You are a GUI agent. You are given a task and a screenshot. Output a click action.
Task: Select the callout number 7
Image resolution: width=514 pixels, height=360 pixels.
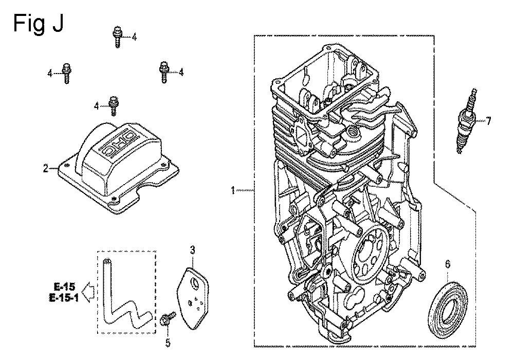488,121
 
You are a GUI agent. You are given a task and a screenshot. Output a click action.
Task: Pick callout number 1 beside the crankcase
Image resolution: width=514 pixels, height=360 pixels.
233,190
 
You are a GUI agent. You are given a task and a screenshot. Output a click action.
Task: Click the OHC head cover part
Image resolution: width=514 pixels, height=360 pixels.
118,168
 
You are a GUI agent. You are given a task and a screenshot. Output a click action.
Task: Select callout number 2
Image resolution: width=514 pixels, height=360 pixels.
46,169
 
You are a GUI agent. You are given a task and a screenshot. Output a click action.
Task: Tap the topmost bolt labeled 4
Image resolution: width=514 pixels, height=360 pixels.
117,37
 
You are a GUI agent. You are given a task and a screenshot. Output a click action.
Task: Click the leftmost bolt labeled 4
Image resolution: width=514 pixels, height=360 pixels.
66,73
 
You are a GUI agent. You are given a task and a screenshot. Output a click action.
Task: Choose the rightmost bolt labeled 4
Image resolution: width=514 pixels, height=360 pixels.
164,72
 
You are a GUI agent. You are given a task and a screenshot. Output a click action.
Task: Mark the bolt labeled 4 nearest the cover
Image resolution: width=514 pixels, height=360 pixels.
114,105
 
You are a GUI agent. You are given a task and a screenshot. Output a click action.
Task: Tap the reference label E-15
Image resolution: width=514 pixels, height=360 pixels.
65,287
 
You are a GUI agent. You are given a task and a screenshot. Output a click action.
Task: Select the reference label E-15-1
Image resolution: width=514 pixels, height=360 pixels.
64,298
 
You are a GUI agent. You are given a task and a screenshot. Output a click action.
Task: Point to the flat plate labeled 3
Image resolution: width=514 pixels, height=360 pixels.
194,297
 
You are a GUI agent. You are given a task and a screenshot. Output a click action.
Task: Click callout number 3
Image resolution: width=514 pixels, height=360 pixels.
192,250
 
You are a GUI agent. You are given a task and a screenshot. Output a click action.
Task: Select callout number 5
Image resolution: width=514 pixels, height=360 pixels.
168,343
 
